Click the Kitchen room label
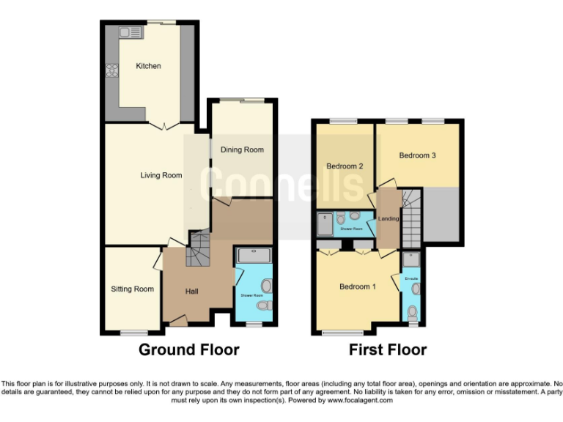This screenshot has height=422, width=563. (148, 66)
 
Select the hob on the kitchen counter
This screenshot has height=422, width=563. (114, 71)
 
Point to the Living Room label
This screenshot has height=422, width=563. (161, 175)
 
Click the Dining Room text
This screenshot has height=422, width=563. (243, 150)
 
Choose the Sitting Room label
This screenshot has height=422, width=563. (132, 289)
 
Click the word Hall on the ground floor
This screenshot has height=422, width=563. (191, 292)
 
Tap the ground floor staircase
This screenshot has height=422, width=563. (198, 249)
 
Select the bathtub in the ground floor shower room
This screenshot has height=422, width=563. (254, 256)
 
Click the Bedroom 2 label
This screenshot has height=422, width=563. (345, 166)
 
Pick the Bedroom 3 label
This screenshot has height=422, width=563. (418, 155)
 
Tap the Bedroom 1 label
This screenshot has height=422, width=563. (358, 286)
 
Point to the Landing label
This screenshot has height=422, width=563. (388, 219)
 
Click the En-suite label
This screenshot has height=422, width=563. (411, 278)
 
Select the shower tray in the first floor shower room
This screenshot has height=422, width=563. (324, 223)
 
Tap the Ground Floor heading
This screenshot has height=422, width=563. (189, 349)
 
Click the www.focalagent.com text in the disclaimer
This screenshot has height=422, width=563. (360, 400)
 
